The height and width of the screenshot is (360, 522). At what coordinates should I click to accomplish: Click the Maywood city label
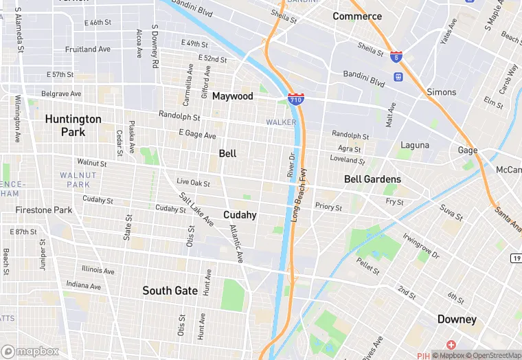pyautogui.click(x=232, y=96)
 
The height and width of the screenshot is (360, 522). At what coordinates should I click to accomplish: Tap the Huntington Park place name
pyautogui.click(x=73, y=125)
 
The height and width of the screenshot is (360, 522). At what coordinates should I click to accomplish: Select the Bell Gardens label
pyautogui.click(x=372, y=179)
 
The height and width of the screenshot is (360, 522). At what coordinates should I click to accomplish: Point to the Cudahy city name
pyautogui.click(x=240, y=215)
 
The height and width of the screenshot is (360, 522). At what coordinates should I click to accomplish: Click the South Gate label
pyautogui.click(x=170, y=291)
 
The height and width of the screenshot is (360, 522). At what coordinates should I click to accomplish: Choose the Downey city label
pyautogui.click(x=457, y=319)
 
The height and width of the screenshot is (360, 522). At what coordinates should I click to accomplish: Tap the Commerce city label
pyautogui.click(x=357, y=16)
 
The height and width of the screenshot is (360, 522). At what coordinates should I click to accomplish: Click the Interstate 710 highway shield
pyautogui.click(x=296, y=100)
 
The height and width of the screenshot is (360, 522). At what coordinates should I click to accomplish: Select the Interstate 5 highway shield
pyautogui.click(x=396, y=57)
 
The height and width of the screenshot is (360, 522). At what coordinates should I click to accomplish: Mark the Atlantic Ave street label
pyautogui.click(x=236, y=244)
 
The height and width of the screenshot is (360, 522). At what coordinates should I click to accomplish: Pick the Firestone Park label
pyautogui.click(x=44, y=210)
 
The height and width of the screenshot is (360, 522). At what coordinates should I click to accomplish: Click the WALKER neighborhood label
pyautogui.click(x=281, y=122)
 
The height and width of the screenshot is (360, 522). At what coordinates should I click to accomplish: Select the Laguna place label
pyautogui.click(x=415, y=145)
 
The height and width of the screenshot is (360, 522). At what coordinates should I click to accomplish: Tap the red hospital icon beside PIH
pyautogui.click(x=451, y=344)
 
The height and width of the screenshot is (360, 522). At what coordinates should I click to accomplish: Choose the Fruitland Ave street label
pyautogui.click(x=87, y=49)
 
